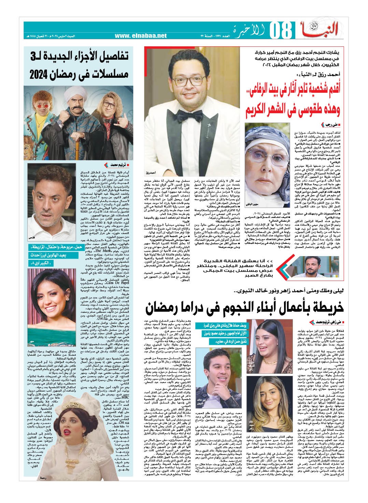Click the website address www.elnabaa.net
(x=143, y=35)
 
